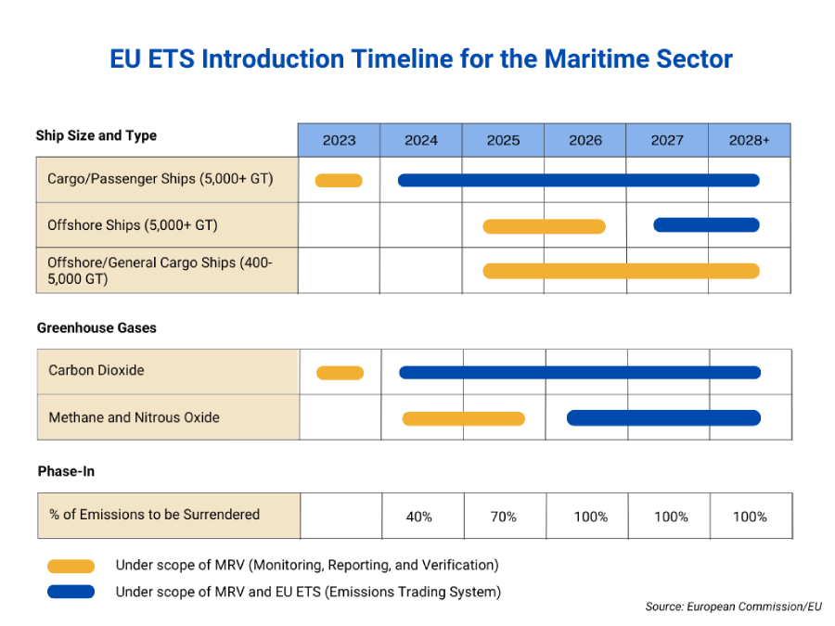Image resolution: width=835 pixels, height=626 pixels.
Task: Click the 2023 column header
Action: click(x=339, y=140)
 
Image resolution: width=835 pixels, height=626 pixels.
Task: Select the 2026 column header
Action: click(x=584, y=140)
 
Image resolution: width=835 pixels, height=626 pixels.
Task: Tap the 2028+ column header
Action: click(x=749, y=140)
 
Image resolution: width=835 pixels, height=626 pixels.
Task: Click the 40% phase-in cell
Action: click(x=419, y=517)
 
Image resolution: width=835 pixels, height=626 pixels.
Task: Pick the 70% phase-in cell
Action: click(x=503, y=517)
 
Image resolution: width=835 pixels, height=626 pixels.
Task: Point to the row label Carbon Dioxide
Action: click(x=96, y=370)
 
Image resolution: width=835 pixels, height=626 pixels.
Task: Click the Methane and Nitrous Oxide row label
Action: click(x=134, y=417)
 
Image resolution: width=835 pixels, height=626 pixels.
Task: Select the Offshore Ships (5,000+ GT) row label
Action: click(x=133, y=224)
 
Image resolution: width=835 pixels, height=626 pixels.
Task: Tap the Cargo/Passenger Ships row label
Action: click(x=161, y=178)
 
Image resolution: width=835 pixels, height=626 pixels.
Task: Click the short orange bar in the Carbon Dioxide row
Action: click(x=340, y=373)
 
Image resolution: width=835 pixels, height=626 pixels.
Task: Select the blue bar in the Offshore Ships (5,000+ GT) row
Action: click(x=706, y=224)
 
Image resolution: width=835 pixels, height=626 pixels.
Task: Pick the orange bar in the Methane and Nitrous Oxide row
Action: click(x=463, y=418)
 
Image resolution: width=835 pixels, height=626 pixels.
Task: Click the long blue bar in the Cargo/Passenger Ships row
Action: click(x=578, y=180)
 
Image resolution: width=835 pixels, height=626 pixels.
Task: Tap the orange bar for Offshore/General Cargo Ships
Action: click(x=621, y=271)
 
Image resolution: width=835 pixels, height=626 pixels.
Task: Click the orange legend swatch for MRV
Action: click(x=71, y=566)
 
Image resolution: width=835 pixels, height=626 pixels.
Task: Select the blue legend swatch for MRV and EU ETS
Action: click(x=71, y=592)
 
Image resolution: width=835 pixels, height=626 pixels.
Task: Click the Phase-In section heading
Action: click(x=66, y=471)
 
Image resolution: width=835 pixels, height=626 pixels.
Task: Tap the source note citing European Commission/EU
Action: click(x=733, y=607)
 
